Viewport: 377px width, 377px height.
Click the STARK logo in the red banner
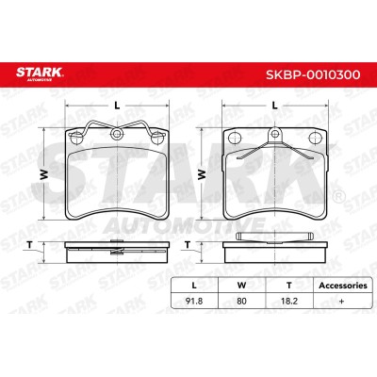[x=40, y=74]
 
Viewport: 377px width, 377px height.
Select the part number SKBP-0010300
[x=313, y=74]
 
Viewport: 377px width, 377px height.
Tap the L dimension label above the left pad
[x=117, y=106]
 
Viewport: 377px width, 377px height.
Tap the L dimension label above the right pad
[x=275, y=106]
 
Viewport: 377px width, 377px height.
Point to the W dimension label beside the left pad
[x=44, y=173]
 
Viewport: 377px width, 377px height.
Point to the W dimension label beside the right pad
[x=202, y=173]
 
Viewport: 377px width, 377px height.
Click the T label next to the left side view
[x=29, y=245]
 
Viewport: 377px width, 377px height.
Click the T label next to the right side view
[x=188, y=245]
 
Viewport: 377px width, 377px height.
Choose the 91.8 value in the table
[x=194, y=301]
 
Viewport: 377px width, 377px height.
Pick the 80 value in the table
[x=241, y=301]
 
